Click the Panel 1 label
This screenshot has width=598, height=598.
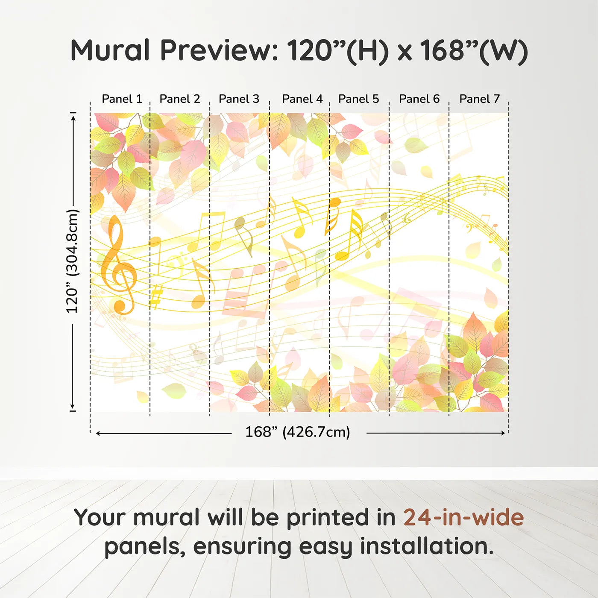point(122,99)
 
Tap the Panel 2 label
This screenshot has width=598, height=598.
point(179,99)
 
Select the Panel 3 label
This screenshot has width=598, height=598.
point(239,99)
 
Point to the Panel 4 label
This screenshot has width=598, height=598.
point(302,99)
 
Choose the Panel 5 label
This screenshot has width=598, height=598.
point(358,99)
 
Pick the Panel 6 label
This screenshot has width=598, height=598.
point(419,99)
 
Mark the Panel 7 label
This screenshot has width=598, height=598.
point(479,99)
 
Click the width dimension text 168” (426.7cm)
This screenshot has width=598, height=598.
point(297,432)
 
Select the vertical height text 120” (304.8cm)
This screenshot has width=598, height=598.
point(72,261)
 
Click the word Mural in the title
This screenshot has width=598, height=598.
point(110,50)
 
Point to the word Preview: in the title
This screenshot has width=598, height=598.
point(219,50)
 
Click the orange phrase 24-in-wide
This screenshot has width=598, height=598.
point(463,517)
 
